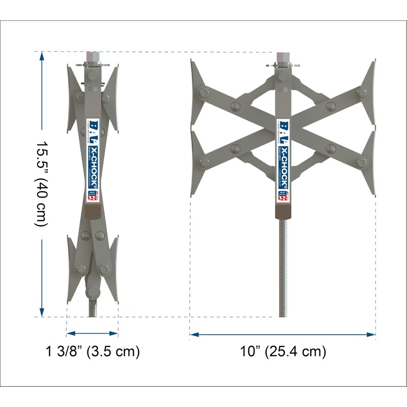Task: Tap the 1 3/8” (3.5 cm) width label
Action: [93, 352]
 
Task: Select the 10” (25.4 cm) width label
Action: [283, 352]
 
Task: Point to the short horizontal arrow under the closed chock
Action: [93, 334]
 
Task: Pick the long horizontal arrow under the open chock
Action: [283, 334]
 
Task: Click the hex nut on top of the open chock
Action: [283, 56]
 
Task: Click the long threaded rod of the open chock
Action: [283, 265]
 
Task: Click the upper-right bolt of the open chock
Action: [362, 93]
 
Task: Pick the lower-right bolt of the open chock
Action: [362, 163]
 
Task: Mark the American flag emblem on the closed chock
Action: [92, 197]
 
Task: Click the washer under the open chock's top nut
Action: [283, 65]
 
